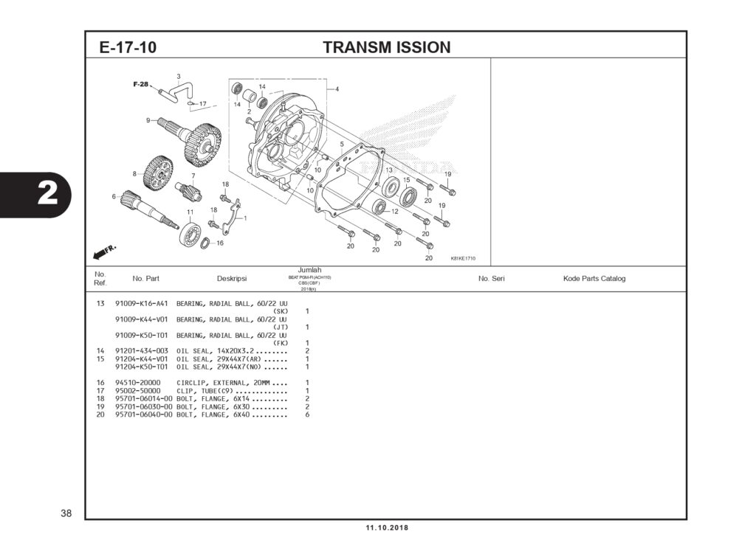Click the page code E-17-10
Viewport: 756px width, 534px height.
[128, 48]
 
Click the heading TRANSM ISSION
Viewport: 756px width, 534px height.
[386, 48]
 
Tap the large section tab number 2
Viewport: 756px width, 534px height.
[47, 193]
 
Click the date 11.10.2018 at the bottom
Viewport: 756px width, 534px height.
[386, 528]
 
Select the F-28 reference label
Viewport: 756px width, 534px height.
[141, 84]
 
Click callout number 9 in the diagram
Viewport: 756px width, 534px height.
[148, 120]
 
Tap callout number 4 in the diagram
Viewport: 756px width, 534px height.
[337, 89]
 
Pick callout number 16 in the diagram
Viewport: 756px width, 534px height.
[220, 243]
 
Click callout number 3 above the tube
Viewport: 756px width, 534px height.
[178, 77]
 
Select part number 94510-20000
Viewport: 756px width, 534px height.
[138, 383]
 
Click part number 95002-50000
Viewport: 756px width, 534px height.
[138, 391]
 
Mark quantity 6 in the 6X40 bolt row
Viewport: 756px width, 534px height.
[307, 415]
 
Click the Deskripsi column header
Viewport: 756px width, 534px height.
[231, 279]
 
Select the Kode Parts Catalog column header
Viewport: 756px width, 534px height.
[594, 279]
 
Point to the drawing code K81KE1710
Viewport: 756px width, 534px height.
[463, 258]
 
